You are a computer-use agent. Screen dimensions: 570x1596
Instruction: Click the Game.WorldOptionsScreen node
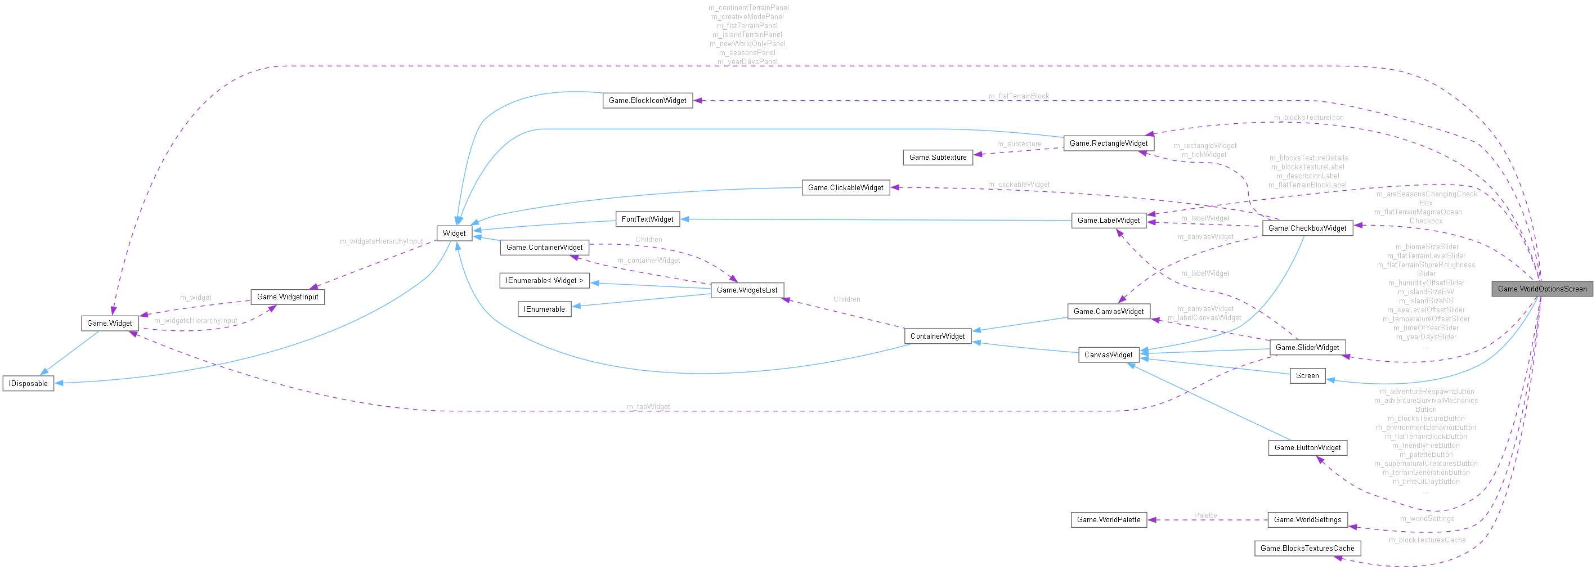(1541, 289)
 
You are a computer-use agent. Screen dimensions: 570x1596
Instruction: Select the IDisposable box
(28, 384)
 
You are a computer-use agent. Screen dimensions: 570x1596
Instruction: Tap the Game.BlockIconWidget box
(647, 100)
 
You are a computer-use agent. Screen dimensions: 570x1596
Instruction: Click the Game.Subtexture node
(938, 158)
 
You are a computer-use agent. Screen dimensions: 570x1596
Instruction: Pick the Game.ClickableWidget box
(845, 188)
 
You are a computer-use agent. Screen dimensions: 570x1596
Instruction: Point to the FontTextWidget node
(647, 219)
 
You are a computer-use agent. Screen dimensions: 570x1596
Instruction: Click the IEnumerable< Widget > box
(544, 281)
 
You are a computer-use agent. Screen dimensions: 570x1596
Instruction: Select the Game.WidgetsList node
(747, 290)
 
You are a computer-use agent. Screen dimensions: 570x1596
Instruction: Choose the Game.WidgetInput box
(288, 297)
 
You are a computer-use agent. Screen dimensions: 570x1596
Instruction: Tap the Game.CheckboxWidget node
(1307, 228)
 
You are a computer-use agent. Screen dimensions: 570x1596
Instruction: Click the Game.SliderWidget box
(1307, 348)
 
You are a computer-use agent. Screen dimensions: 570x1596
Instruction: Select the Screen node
(1307, 376)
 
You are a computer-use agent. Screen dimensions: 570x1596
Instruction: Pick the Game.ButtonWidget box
(1307, 447)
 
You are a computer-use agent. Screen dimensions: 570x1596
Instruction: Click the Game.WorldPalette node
(1109, 520)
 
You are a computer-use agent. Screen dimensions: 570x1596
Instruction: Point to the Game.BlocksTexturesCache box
(1307, 548)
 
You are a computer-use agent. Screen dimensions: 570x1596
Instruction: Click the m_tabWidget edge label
(648, 407)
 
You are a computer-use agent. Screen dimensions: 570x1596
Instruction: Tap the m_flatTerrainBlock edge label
(1019, 96)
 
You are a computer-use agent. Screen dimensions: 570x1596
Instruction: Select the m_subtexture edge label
(1019, 143)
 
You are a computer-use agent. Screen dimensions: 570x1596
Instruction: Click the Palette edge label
(1205, 515)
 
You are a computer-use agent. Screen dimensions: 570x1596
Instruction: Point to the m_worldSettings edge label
(1427, 519)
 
